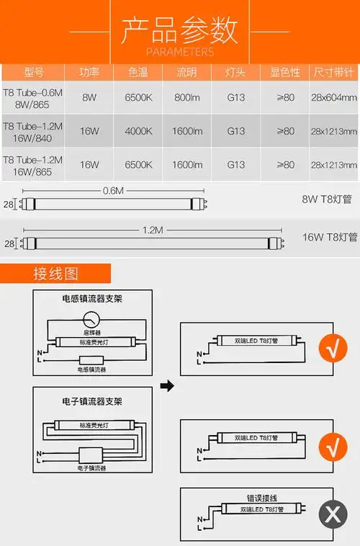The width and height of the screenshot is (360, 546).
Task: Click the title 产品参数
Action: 179,31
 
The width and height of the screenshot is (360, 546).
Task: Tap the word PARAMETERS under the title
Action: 179,52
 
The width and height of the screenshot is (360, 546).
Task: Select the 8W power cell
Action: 89,97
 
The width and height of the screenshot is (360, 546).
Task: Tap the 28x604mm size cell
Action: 334,97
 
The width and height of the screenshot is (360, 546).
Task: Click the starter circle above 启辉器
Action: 91,318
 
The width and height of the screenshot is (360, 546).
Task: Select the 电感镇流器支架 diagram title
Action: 91,298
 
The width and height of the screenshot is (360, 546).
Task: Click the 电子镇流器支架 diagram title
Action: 91,400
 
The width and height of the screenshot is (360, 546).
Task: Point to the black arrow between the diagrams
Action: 166,387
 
